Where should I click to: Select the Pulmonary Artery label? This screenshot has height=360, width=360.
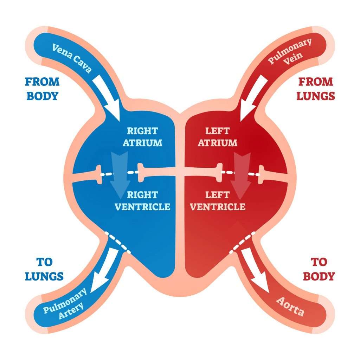tap(65, 301)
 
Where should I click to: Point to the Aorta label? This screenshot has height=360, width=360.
tap(290, 306)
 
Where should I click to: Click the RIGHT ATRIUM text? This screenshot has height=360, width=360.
tap(142, 137)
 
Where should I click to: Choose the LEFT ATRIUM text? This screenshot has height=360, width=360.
tap(217, 137)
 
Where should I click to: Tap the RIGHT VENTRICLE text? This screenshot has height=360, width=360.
tap(142, 200)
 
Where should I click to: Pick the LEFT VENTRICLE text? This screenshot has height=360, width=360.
tap(217, 200)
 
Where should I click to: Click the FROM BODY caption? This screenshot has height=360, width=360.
tap(42, 89)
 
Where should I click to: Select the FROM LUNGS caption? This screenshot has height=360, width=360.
tap(315, 89)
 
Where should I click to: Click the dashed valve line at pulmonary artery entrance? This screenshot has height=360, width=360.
tap(118, 242)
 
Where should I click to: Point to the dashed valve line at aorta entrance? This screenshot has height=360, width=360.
tap(242, 242)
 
